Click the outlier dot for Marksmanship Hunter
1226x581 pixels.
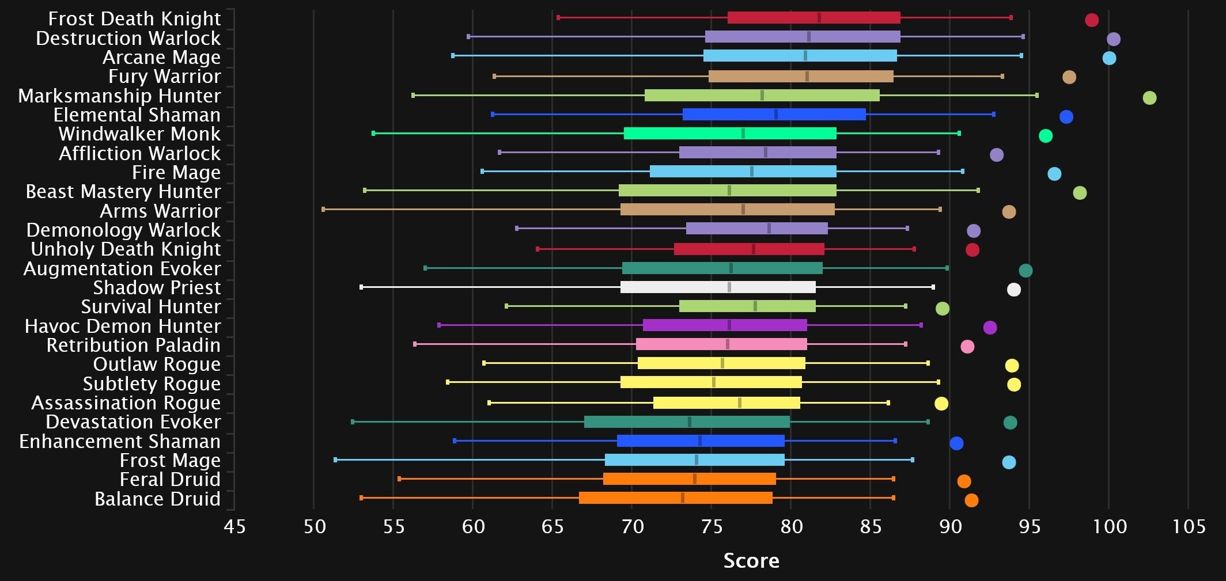tap(1149, 98)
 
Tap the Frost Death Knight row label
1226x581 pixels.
tap(134, 19)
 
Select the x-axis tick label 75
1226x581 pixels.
tap(712, 526)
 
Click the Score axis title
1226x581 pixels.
tap(751, 560)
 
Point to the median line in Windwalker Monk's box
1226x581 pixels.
tap(743, 134)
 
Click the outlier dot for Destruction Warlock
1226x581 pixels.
tap(1114, 39)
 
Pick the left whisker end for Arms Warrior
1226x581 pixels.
tap(323, 210)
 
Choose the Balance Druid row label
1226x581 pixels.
tap(157, 499)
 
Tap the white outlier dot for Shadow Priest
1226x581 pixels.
tap(1014, 290)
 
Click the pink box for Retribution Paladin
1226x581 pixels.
tap(721, 344)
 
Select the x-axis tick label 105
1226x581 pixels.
tap(1189, 526)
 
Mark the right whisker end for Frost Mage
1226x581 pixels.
tap(913, 460)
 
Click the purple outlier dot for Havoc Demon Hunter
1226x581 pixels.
tap(990, 328)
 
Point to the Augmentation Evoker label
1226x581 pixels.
tap(122, 269)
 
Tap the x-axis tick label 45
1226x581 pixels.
tap(234, 526)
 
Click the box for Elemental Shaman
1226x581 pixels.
tap(774, 115)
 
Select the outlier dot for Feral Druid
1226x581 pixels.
tap(964, 481)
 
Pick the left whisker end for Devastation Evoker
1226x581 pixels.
tap(353, 422)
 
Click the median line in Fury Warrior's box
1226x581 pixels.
tap(807, 77)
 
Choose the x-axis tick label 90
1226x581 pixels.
tap(950, 526)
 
